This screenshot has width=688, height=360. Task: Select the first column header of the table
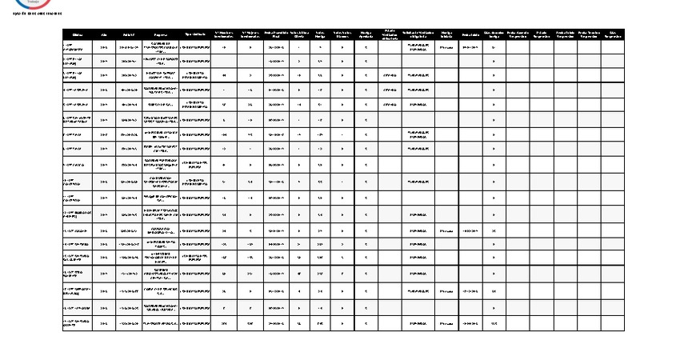click(x=78, y=34)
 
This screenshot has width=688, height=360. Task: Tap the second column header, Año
click(x=104, y=34)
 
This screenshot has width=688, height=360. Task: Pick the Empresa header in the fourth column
click(x=160, y=34)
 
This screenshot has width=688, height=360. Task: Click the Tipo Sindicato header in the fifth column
click(x=195, y=34)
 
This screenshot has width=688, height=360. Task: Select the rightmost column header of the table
click(x=613, y=34)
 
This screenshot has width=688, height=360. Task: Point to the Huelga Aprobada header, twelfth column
click(x=366, y=34)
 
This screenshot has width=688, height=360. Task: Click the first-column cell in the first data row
click(x=78, y=47)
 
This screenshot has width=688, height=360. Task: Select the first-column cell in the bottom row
click(x=78, y=323)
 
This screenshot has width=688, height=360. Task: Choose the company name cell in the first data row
click(x=160, y=47)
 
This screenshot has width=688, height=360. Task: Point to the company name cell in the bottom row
click(x=160, y=323)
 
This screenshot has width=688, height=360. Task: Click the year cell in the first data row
click(x=104, y=47)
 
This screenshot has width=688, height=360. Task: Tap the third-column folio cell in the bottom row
click(x=129, y=323)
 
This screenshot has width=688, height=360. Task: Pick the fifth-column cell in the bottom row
click(x=195, y=323)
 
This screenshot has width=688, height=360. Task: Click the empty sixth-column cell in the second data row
click(x=226, y=61)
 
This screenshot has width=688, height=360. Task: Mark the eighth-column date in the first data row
click(x=275, y=47)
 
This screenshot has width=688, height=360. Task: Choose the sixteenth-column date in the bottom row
click(x=470, y=323)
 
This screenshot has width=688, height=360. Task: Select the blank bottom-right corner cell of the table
click(x=613, y=323)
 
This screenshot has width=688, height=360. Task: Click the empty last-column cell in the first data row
click(x=613, y=47)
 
